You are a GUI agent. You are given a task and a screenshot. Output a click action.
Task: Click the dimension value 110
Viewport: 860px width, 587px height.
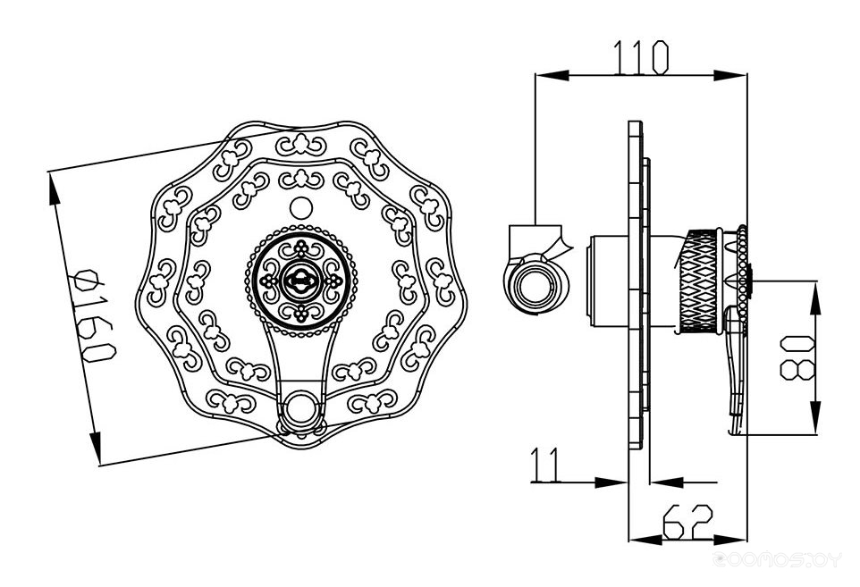(x=641, y=57)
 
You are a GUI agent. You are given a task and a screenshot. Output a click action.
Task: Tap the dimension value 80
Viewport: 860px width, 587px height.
(x=797, y=358)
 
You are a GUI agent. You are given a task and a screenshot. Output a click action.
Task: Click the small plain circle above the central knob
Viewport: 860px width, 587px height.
(x=300, y=207)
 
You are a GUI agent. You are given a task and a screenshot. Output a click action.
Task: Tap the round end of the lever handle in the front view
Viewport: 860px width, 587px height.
(x=300, y=407)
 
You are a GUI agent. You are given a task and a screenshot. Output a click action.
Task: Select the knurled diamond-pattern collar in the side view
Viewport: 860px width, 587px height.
(x=699, y=281)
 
